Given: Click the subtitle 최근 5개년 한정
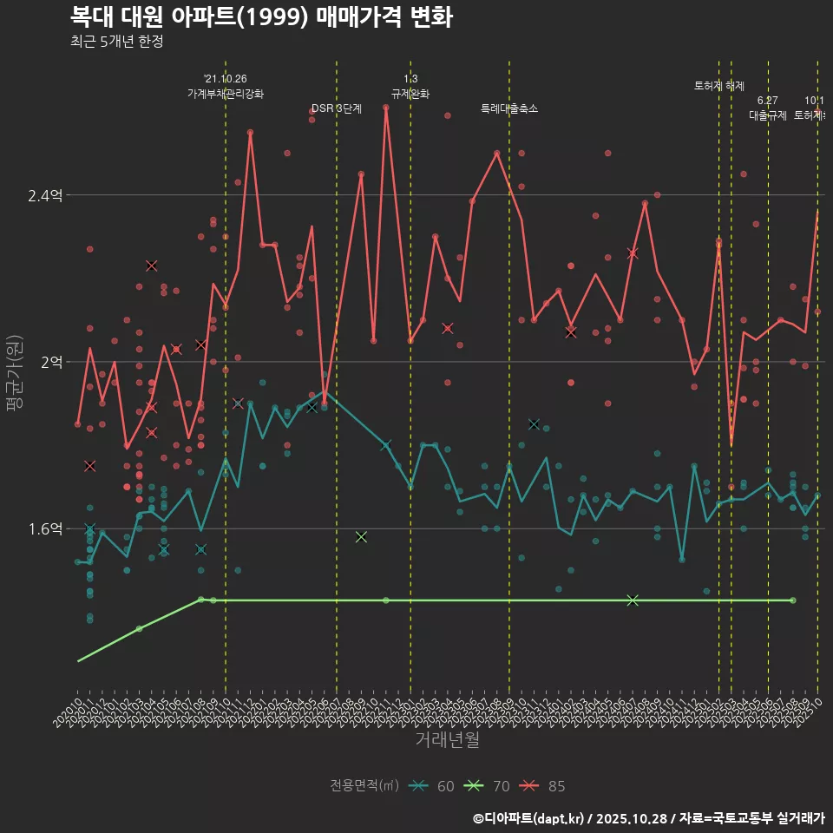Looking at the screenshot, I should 116,42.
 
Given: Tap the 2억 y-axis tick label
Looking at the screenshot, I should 50,362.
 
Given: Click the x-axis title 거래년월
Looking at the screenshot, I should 447,740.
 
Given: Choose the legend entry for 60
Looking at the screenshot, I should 433,786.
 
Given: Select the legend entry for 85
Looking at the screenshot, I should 544,786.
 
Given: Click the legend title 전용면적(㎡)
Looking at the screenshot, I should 364,786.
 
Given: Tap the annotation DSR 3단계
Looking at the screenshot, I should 337,108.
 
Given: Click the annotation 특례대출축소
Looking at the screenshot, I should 509,108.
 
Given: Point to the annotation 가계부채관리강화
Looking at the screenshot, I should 226,94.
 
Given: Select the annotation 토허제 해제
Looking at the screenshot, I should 719,86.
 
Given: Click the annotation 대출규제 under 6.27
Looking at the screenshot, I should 768,115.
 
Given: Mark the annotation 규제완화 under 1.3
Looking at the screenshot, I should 410,94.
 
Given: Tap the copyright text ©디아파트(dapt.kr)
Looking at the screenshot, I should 528,818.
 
